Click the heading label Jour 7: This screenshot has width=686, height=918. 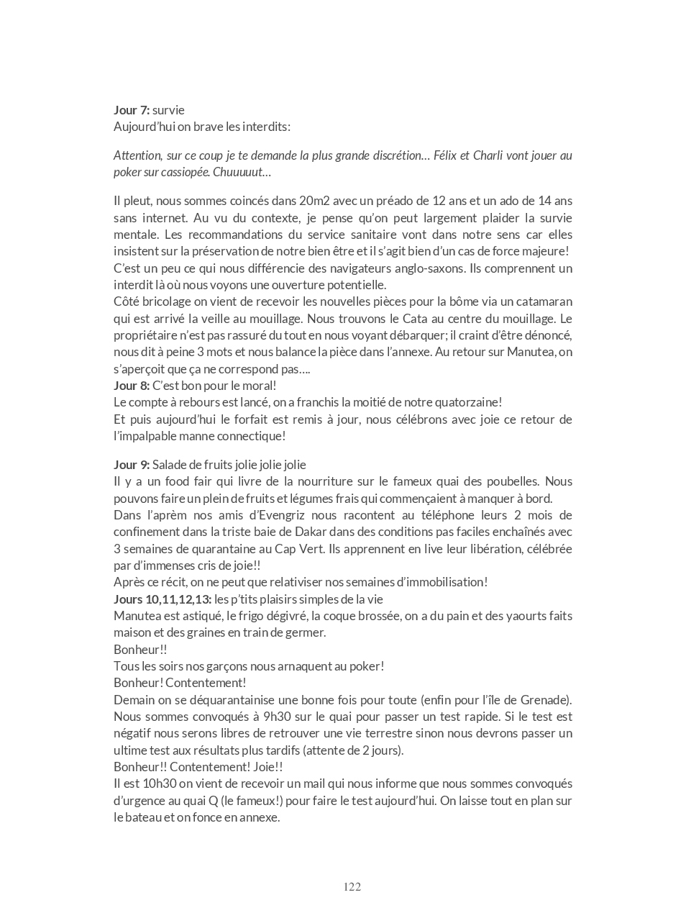pyautogui.click(x=132, y=110)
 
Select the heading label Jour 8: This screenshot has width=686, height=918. pyautogui.click(x=132, y=386)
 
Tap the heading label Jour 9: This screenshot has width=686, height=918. pyautogui.click(x=132, y=465)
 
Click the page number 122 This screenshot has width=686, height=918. pyautogui.click(x=352, y=886)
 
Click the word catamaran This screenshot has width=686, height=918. pyautogui.click(x=541, y=301)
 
